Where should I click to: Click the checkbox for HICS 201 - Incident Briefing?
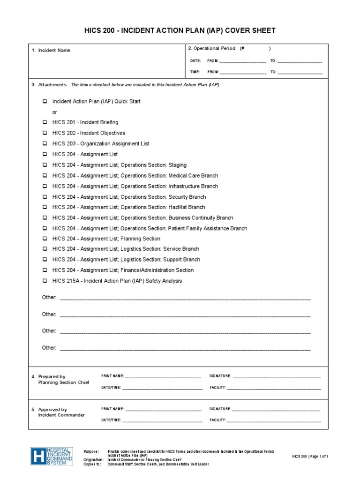[x=45, y=122]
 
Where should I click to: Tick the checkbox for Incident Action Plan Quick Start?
[x=45, y=101]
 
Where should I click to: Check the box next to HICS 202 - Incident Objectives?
[x=45, y=133]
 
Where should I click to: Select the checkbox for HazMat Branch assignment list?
[x=45, y=207]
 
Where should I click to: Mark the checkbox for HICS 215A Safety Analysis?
[x=45, y=281]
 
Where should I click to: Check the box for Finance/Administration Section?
[x=45, y=270]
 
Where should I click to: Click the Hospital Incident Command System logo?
[x=51, y=456]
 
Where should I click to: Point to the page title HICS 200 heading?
[x=180, y=30]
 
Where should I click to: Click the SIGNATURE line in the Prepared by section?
[x=277, y=376]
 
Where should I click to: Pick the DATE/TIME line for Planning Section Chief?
[x=162, y=388]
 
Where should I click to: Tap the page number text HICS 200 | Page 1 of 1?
[x=310, y=456]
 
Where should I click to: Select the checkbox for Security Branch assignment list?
[x=45, y=197]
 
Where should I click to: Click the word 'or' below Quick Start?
[x=55, y=112]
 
